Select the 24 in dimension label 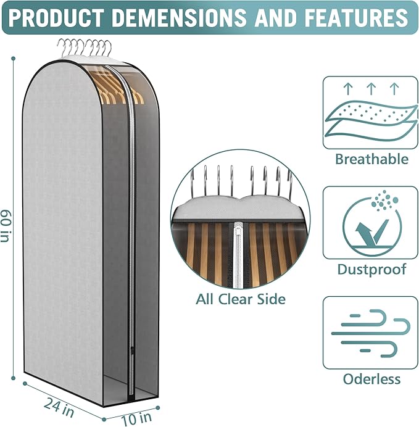(x=59, y=405)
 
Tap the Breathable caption (x=371, y=159)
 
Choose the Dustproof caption (x=371, y=270)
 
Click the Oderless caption (x=371, y=379)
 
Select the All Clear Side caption (x=241, y=299)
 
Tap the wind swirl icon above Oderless (x=370, y=333)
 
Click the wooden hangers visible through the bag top (x=117, y=86)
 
